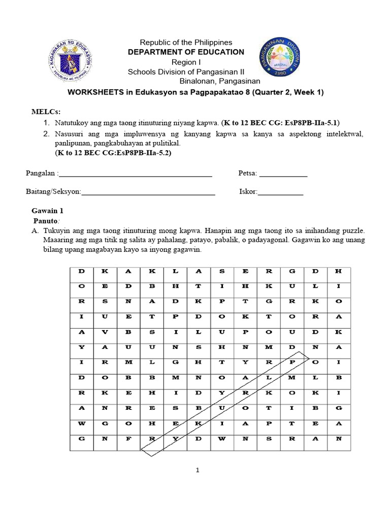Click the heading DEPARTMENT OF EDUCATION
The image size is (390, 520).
186,52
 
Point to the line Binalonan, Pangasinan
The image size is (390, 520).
219,81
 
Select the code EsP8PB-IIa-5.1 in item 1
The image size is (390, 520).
313,122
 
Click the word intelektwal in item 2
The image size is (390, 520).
342,134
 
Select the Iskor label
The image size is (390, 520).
248,192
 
